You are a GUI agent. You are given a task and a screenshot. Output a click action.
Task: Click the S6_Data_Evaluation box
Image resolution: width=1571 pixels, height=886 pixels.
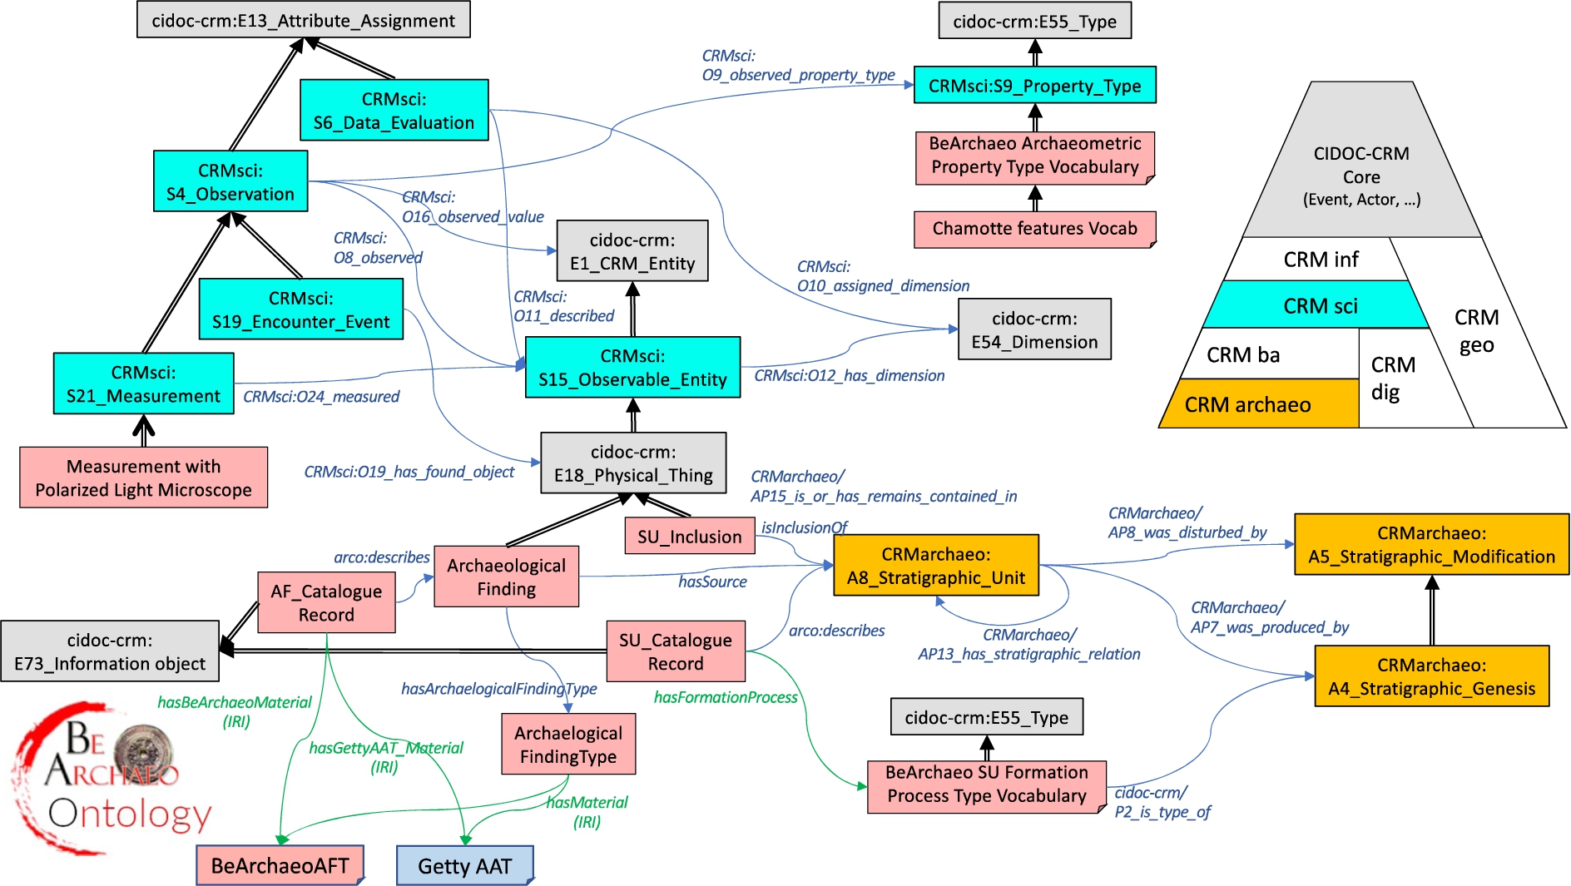point(394,110)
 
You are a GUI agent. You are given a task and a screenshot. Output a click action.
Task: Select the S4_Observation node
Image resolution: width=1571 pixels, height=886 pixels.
point(230,181)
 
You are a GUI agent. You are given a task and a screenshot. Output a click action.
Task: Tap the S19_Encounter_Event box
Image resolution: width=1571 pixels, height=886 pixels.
point(300,309)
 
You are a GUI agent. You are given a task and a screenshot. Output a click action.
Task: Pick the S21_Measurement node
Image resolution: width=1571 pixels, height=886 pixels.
point(143,384)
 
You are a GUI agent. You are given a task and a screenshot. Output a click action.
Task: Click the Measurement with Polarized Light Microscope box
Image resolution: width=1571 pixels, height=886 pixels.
point(143,478)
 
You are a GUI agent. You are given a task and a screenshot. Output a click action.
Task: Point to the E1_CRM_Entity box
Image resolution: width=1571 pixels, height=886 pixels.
point(632,250)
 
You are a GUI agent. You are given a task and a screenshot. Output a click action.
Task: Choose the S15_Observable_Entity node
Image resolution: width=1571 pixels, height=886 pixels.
point(632,367)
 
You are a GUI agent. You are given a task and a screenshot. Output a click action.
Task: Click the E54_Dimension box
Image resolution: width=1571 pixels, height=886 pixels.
point(1034,329)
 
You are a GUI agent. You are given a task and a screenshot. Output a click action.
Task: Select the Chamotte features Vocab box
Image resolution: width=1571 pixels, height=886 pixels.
point(1034,229)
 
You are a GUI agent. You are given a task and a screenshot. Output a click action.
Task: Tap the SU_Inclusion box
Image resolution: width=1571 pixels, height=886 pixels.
point(689,536)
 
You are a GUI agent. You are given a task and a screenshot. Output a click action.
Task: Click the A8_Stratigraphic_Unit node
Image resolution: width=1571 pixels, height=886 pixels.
point(936,565)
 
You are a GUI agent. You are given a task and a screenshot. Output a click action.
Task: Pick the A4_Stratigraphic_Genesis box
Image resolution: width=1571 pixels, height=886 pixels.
point(1431,676)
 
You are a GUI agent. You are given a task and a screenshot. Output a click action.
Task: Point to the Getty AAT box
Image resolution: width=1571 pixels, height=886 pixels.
point(464,865)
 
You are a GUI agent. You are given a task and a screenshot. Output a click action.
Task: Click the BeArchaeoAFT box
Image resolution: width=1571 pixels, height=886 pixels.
point(280,865)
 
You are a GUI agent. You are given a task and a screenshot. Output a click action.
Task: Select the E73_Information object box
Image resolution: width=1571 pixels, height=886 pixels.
point(110,651)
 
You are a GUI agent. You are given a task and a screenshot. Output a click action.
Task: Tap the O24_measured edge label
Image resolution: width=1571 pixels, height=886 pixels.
point(321,397)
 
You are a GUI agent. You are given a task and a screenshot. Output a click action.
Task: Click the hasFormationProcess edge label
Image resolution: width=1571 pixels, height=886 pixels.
point(726,697)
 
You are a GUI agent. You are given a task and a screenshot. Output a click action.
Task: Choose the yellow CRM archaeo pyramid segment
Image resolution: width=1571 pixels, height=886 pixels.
point(1258,404)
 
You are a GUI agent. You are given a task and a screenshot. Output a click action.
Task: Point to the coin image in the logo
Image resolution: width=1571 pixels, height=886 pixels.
point(144,751)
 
